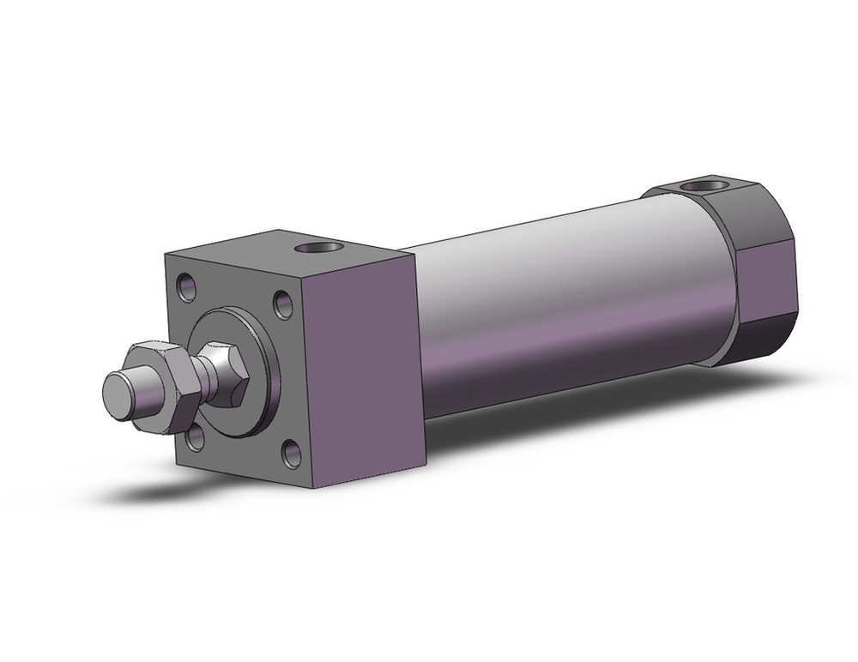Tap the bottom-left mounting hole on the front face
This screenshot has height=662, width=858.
coord(196,439)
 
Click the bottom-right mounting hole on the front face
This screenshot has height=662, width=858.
coord(292,454)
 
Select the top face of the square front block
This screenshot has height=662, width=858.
coord(283,249)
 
